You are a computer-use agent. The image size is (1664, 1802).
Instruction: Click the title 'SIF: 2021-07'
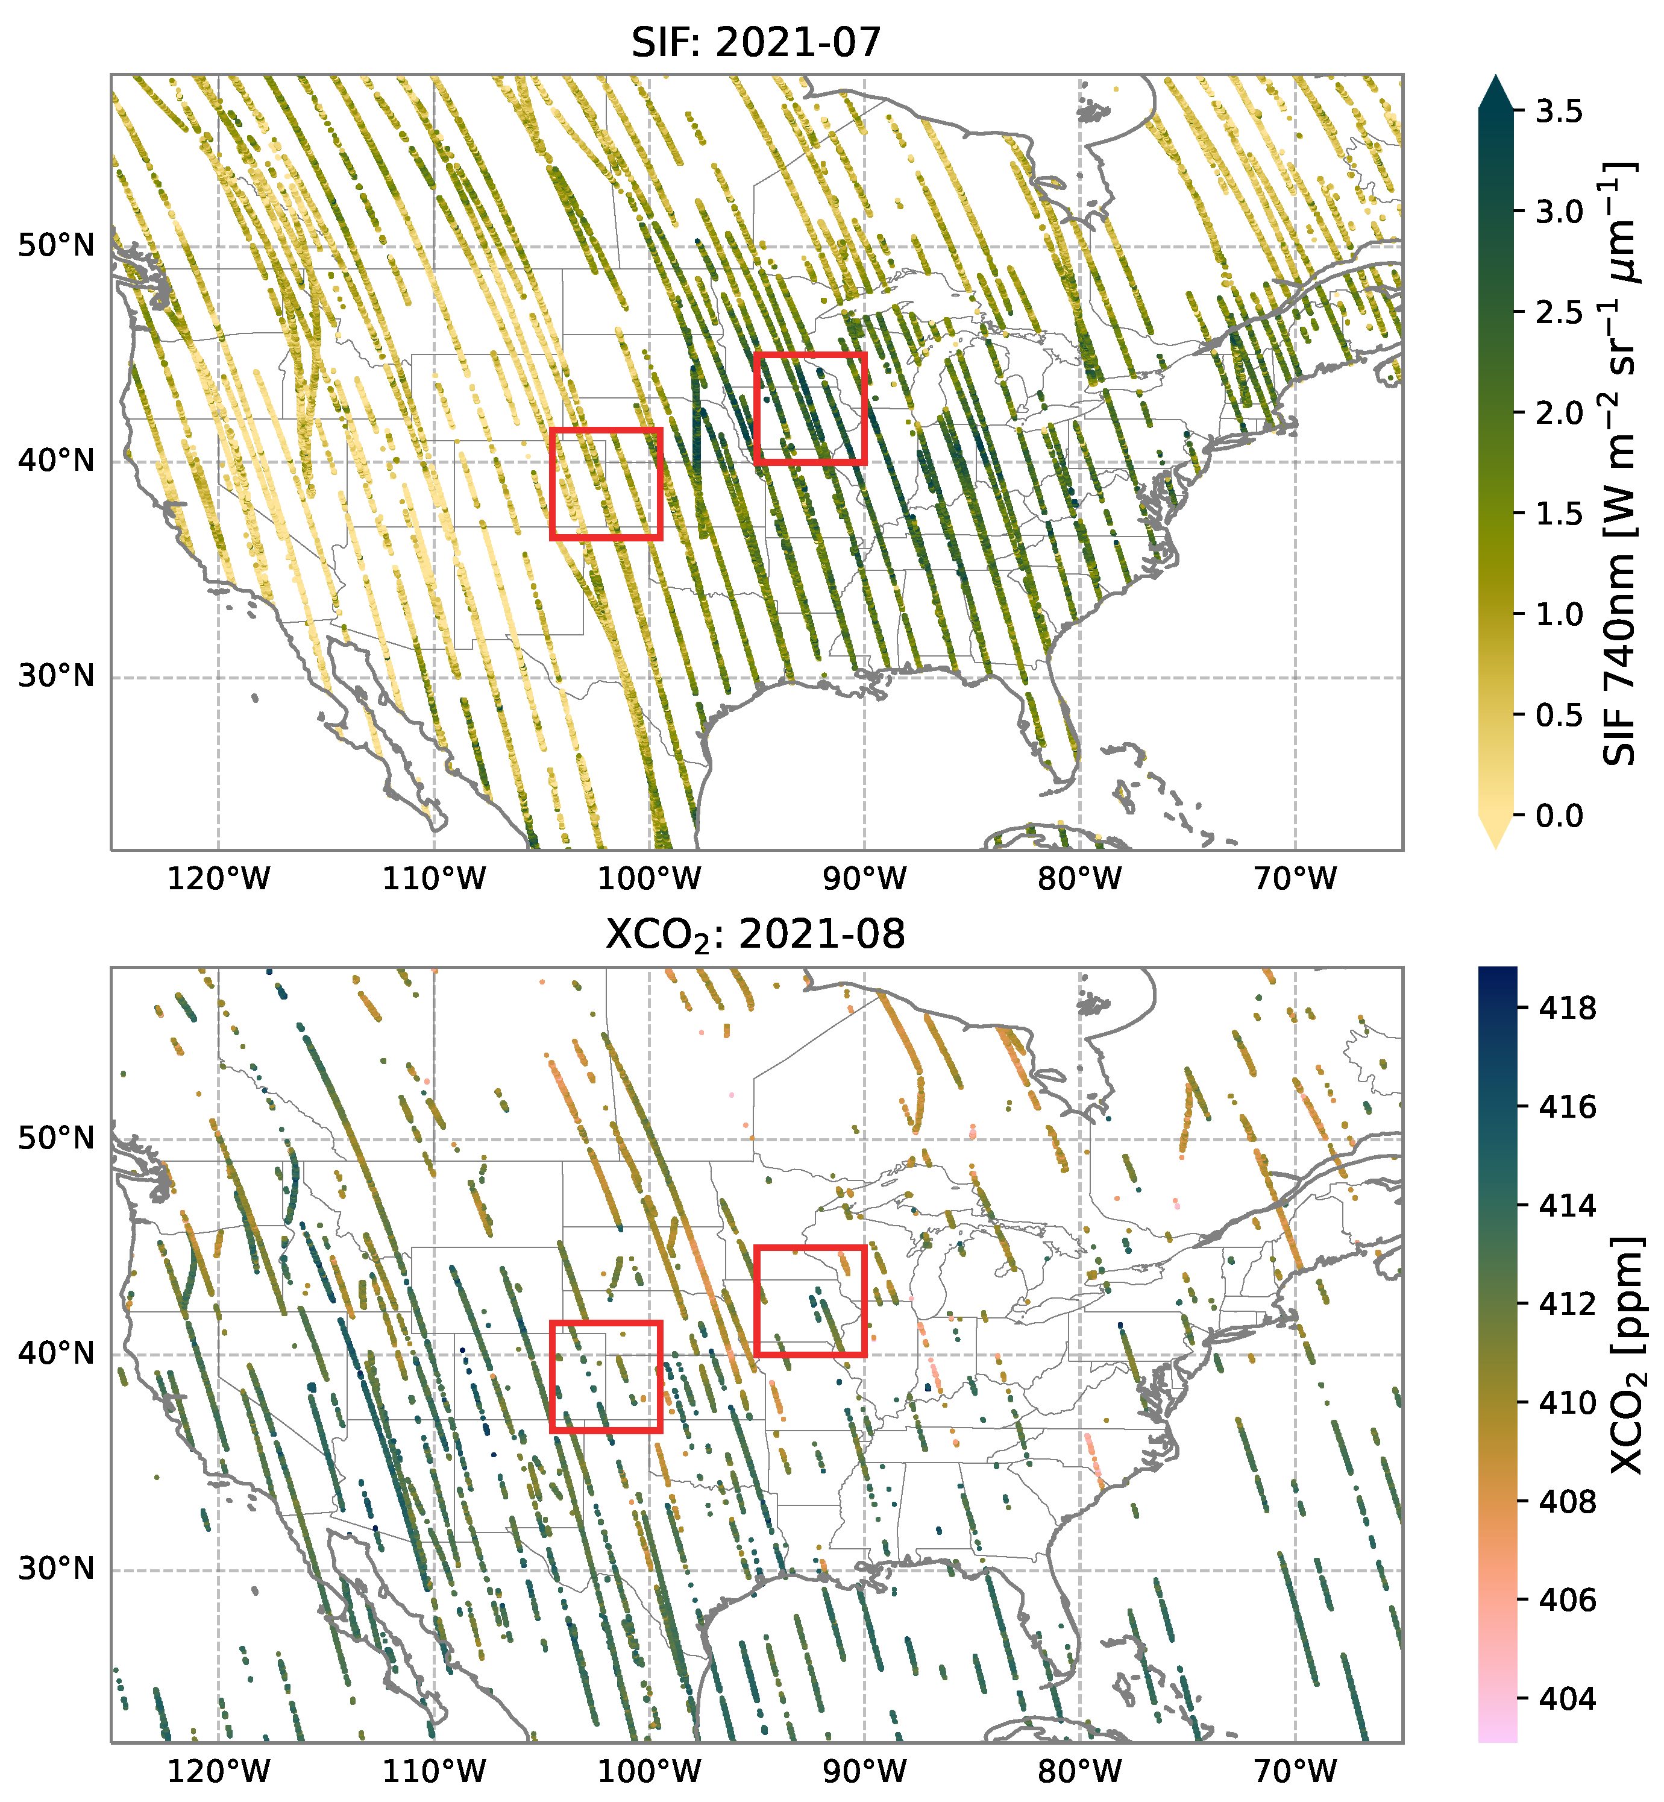[x=756, y=42]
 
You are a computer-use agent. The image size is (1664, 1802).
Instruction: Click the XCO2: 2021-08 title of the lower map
[x=756, y=936]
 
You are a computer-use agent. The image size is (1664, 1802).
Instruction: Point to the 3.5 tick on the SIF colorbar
[x=1559, y=112]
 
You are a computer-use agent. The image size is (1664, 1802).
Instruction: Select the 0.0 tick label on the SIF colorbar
[x=1559, y=816]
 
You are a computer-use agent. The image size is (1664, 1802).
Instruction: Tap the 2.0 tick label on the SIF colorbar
[x=1559, y=414]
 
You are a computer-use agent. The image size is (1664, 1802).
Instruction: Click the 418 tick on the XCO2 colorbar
[x=1567, y=1008]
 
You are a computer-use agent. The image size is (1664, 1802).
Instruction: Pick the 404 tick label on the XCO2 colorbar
[x=1567, y=1698]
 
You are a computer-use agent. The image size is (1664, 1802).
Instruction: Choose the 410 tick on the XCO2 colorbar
[x=1567, y=1402]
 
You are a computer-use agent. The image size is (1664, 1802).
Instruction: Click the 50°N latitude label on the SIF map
[x=56, y=245]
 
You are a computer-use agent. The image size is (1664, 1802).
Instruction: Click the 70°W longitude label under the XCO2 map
[x=1296, y=1771]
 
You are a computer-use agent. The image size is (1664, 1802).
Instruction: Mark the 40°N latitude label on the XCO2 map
[x=56, y=1353]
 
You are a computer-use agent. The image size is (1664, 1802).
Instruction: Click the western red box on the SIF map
[x=606, y=484]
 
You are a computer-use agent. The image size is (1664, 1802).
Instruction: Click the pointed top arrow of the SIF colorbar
[x=1496, y=91]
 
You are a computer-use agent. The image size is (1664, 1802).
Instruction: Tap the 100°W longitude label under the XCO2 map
[x=649, y=1771]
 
